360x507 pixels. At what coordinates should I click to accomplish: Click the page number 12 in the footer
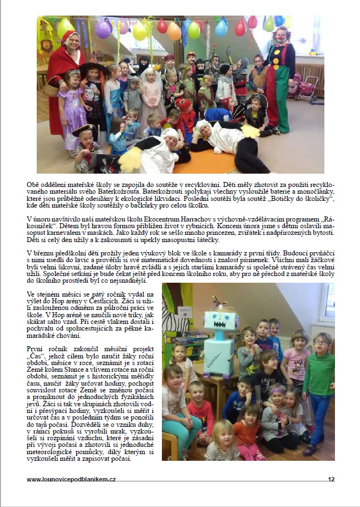(x=331, y=479)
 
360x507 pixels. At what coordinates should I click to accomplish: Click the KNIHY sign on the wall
(x=185, y=309)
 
